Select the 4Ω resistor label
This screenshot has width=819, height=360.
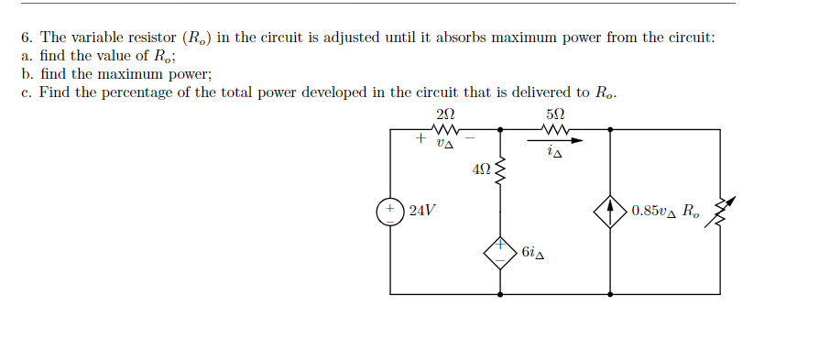click(482, 169)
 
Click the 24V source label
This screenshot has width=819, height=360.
click(422, 210)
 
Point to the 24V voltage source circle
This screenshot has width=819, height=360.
click(390, 211)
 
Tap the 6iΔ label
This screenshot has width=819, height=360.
click(536, 252)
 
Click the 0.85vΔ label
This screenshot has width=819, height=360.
click(652, 211)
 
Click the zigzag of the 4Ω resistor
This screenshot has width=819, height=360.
click(500, 169)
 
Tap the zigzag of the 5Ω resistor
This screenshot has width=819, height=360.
click(555, 130)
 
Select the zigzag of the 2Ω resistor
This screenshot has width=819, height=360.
click(445, 130)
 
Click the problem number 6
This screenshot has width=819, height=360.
click(27, 38)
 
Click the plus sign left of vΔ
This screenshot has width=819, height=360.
click(420, 139)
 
